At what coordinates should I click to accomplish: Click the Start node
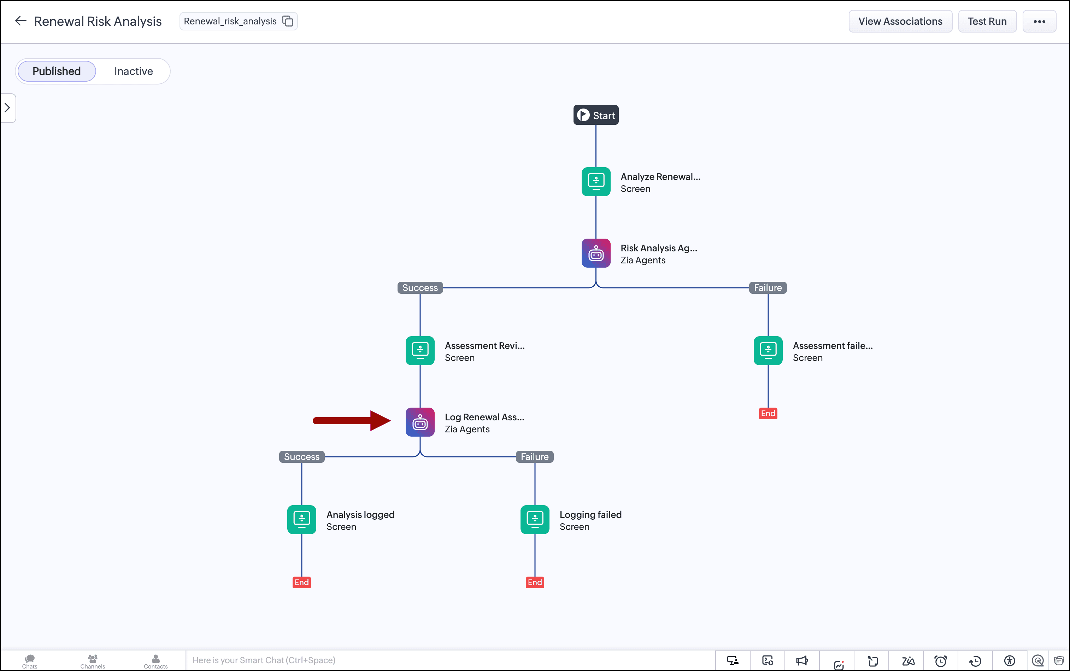pos(596,115)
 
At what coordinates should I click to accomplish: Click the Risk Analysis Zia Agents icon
pos(596,253)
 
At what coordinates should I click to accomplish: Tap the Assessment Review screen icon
pos(420,351)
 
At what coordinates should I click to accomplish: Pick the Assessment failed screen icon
pos(768,351)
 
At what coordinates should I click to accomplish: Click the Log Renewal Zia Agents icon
pos(420,422)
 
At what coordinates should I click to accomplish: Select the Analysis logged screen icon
pos(302,520)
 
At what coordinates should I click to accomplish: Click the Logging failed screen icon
pos(535,520)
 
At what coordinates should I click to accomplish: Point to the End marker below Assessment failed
pos(768,414)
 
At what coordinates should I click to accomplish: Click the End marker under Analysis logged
pos(302,582)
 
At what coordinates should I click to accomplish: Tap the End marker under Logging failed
pos(535,582)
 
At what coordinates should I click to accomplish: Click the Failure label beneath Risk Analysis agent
pos(768,287)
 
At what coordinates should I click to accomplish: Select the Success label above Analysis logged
pos(302,457)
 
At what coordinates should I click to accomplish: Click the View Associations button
pos(900,21)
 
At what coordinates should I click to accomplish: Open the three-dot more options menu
pos(1039,21)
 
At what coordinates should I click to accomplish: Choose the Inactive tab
pos(134,71)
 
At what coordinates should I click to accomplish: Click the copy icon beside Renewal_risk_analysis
pos(288,21)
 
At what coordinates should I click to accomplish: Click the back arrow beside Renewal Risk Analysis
pos(20,21)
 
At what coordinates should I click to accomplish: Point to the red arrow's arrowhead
pos(381,421)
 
